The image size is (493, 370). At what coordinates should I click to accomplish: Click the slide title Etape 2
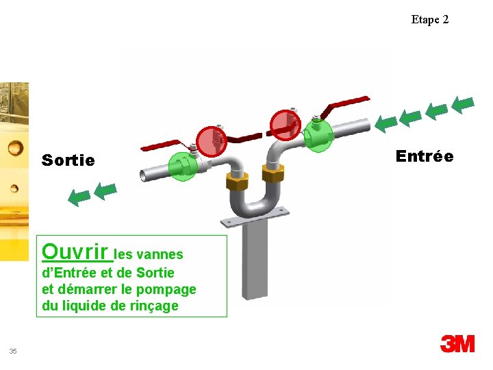[x=430, y=20]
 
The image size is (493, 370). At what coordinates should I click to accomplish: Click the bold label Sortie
[x=68, y=160]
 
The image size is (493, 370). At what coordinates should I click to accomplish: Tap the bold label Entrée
[x=425, y=156]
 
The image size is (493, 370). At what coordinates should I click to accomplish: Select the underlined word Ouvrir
[x=77, y=250]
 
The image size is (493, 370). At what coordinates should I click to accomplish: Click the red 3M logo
[x=457, y=343]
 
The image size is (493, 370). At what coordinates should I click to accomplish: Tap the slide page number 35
[x=13, y=351]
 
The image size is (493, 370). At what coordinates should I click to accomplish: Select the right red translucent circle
[x=284, y=124]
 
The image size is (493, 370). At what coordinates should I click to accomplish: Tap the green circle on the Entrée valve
[x=317, y=134]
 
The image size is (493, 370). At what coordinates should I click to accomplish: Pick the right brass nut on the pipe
[x=273, y=174]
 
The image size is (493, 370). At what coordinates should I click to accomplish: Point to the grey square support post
[x=257, y=260]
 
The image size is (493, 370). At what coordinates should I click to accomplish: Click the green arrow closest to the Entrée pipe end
[x=386, y=123]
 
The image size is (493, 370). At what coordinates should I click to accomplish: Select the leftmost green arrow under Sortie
[x=79, y=198]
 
